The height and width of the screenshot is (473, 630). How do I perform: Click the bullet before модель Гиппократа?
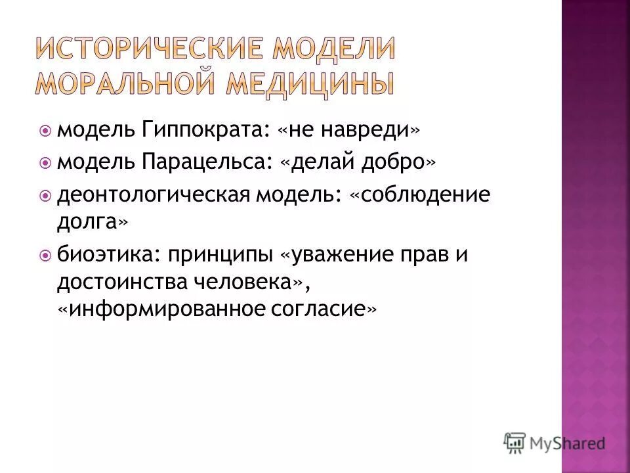pyautogui.click(x=45, y=131)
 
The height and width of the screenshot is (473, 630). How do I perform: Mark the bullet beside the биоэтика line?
pyautogui.click(x=45, y=255)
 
